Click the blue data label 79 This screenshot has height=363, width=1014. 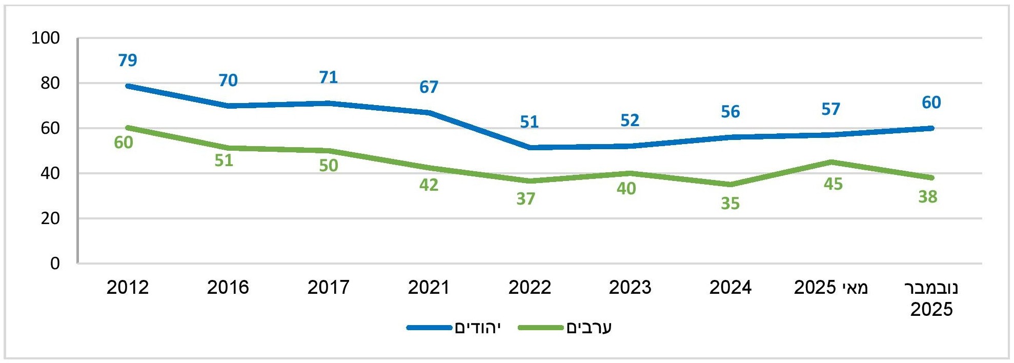pyautogui.click(x=128, y=60)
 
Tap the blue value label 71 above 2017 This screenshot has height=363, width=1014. pyautogui.click(x=329, y=77)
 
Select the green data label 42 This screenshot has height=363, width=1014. pyautogui.click(x=429, y=185)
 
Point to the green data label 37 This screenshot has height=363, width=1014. pyautogui.click(x=526, y=199)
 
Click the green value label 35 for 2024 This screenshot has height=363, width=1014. pyautogui.click(x=731, y=204)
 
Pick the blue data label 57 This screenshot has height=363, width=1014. pyautogui.click(x=831, y=109)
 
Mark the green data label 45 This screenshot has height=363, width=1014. pyautogui.click(x=833, y=184)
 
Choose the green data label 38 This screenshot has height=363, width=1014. pyautogui.click(x=928, y=197)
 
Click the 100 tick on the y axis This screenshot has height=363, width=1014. pyautogui.click(x=46, y=38)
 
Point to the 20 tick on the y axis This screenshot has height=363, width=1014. pyautogui.click(x=50, y=218)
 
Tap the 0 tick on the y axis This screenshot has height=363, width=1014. pyautogui.click(x=55, y=264)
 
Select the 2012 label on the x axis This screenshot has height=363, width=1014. pyautogui.click(x=128, y=288)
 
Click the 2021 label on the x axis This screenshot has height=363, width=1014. pyautogui.click(x=429, y=288)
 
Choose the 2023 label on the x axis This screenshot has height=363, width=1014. pyautogui.click(x=630, y=288)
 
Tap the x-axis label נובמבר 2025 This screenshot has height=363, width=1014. pyautogui.click(x=931, y=298)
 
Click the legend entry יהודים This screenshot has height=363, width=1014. pyautogui.click(x=477, y=328)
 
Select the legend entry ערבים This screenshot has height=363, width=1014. pyautogui.click(x=589, y=328)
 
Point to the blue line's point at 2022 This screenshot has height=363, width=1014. pyautogui.click(x=530, y=148)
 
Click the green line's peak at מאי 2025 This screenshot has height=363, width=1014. pyautogui.click(x=831, y=162)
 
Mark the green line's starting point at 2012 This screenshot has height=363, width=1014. pyautogui.click(x=128, y=128)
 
